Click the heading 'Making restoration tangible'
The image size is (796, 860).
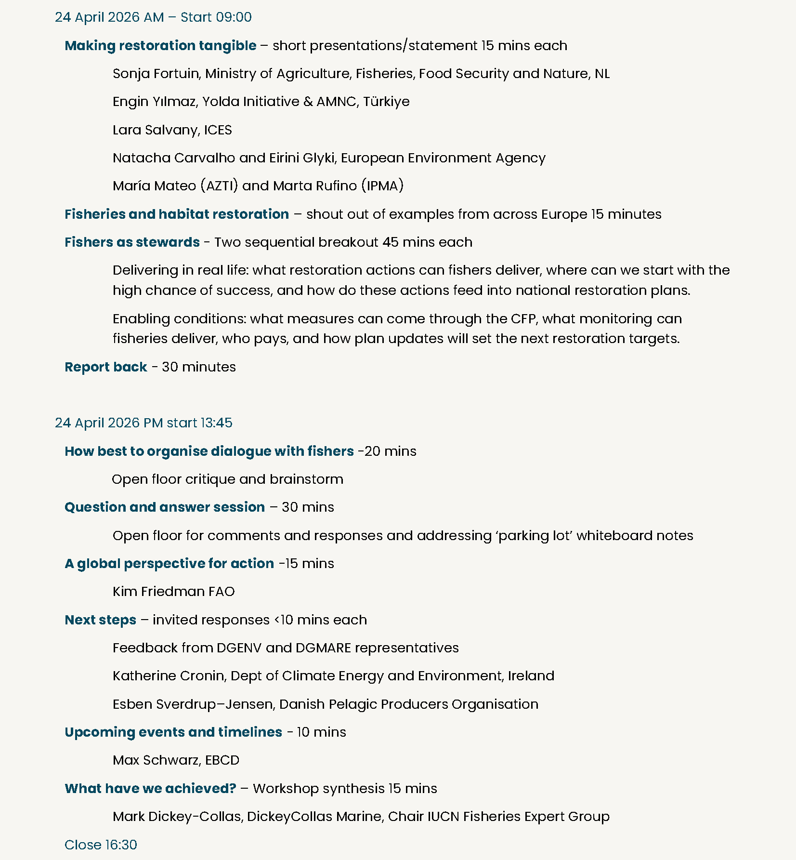coord(160,45)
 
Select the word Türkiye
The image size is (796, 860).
coord(386,102)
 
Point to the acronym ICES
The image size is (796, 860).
coord(218,130)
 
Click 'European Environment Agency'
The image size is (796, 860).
coord(443,158)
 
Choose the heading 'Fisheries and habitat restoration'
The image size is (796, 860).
coord(177,214)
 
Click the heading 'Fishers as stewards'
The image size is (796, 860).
coord(132,242)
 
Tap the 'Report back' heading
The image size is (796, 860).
coord(105,367)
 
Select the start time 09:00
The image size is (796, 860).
coord(234,17)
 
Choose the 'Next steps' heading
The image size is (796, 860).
coord(100,620)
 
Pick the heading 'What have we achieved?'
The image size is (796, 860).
coord(150,789)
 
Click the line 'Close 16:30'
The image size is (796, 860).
coord(101,845)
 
